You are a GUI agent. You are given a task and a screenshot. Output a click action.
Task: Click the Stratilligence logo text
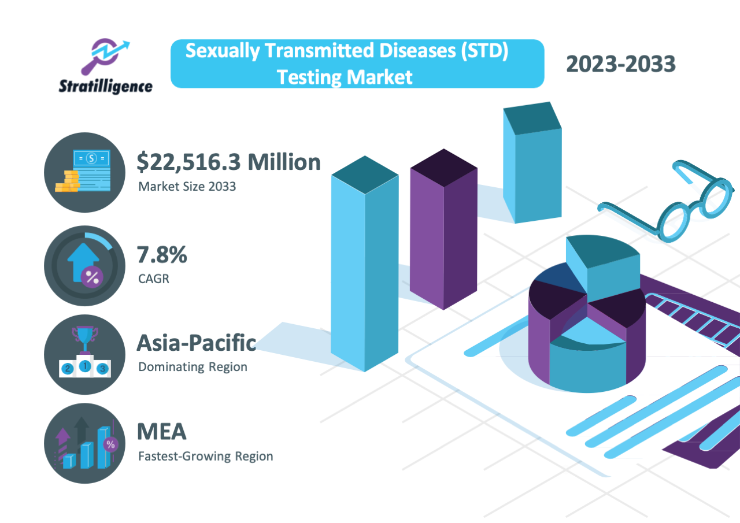(106, 87)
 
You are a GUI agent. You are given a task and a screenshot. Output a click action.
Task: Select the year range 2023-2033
(620, 64)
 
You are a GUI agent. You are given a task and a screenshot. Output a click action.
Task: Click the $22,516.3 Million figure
(228, 162)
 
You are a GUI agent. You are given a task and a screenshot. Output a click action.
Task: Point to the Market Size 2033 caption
(187, 187)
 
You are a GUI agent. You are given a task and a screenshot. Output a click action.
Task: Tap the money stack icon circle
(84, 172)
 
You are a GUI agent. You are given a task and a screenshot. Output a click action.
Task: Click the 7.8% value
(161, 255)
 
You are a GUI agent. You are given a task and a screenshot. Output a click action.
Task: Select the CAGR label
(154, 279)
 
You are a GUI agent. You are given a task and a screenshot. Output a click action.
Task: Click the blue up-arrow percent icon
(84, 266)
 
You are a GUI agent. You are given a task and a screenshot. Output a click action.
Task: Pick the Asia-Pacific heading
(196, 343)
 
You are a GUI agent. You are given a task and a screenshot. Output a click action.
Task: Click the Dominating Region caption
(193, 367)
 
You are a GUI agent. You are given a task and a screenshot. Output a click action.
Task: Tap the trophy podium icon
(84, 354)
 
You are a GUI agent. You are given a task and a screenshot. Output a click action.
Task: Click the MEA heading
(161, 431)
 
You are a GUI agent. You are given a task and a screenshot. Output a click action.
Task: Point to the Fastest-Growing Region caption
(205, 456)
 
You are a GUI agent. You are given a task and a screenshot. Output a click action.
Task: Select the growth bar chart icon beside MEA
(84, 444)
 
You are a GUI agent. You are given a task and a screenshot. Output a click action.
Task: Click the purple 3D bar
(443, 231)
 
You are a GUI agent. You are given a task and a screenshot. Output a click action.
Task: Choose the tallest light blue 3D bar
(364, 266)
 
